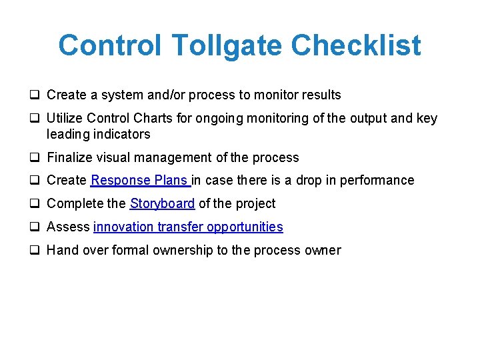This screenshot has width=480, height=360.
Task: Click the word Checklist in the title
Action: pos(356,46)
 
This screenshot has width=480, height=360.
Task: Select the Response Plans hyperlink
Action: pos(140,181)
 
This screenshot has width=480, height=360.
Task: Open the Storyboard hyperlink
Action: pos(162,204)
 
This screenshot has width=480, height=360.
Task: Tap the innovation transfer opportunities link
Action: pos(188,227)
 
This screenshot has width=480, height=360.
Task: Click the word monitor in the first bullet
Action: pos(278,95)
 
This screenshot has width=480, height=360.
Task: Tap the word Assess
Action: pos(69,227)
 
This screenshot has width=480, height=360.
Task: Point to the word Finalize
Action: pos(69,158)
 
